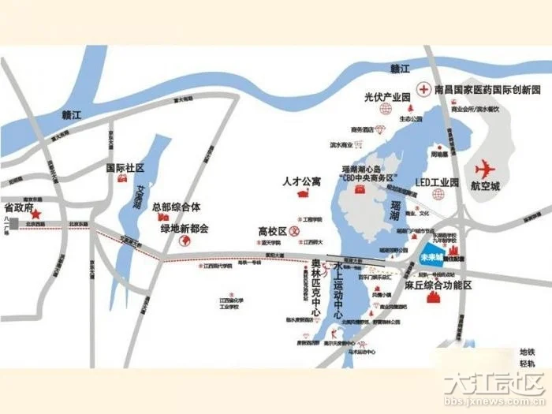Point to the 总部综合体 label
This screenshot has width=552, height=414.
177,207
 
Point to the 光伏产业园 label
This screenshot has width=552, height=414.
388,98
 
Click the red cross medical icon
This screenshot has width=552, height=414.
424,88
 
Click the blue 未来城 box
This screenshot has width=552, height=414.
430,257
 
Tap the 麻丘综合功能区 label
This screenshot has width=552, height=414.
438,285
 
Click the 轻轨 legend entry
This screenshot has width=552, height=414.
527,364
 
